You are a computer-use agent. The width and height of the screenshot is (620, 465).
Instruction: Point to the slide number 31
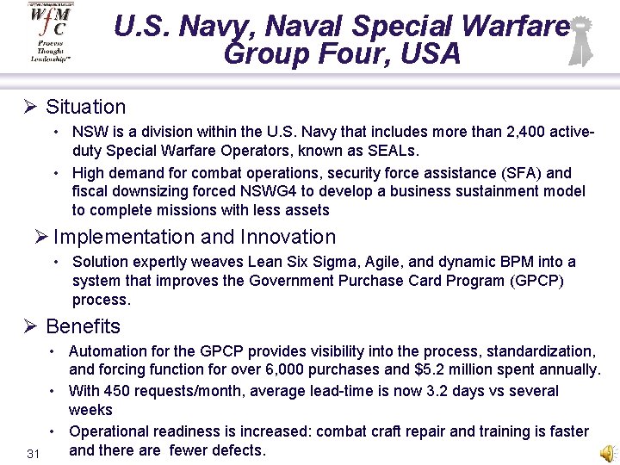[34, 454]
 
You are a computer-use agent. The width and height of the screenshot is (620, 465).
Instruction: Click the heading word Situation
[85, 107]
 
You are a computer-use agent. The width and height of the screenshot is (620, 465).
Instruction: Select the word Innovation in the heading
[288, 237]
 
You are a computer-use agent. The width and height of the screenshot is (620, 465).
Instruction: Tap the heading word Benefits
[83, 326]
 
